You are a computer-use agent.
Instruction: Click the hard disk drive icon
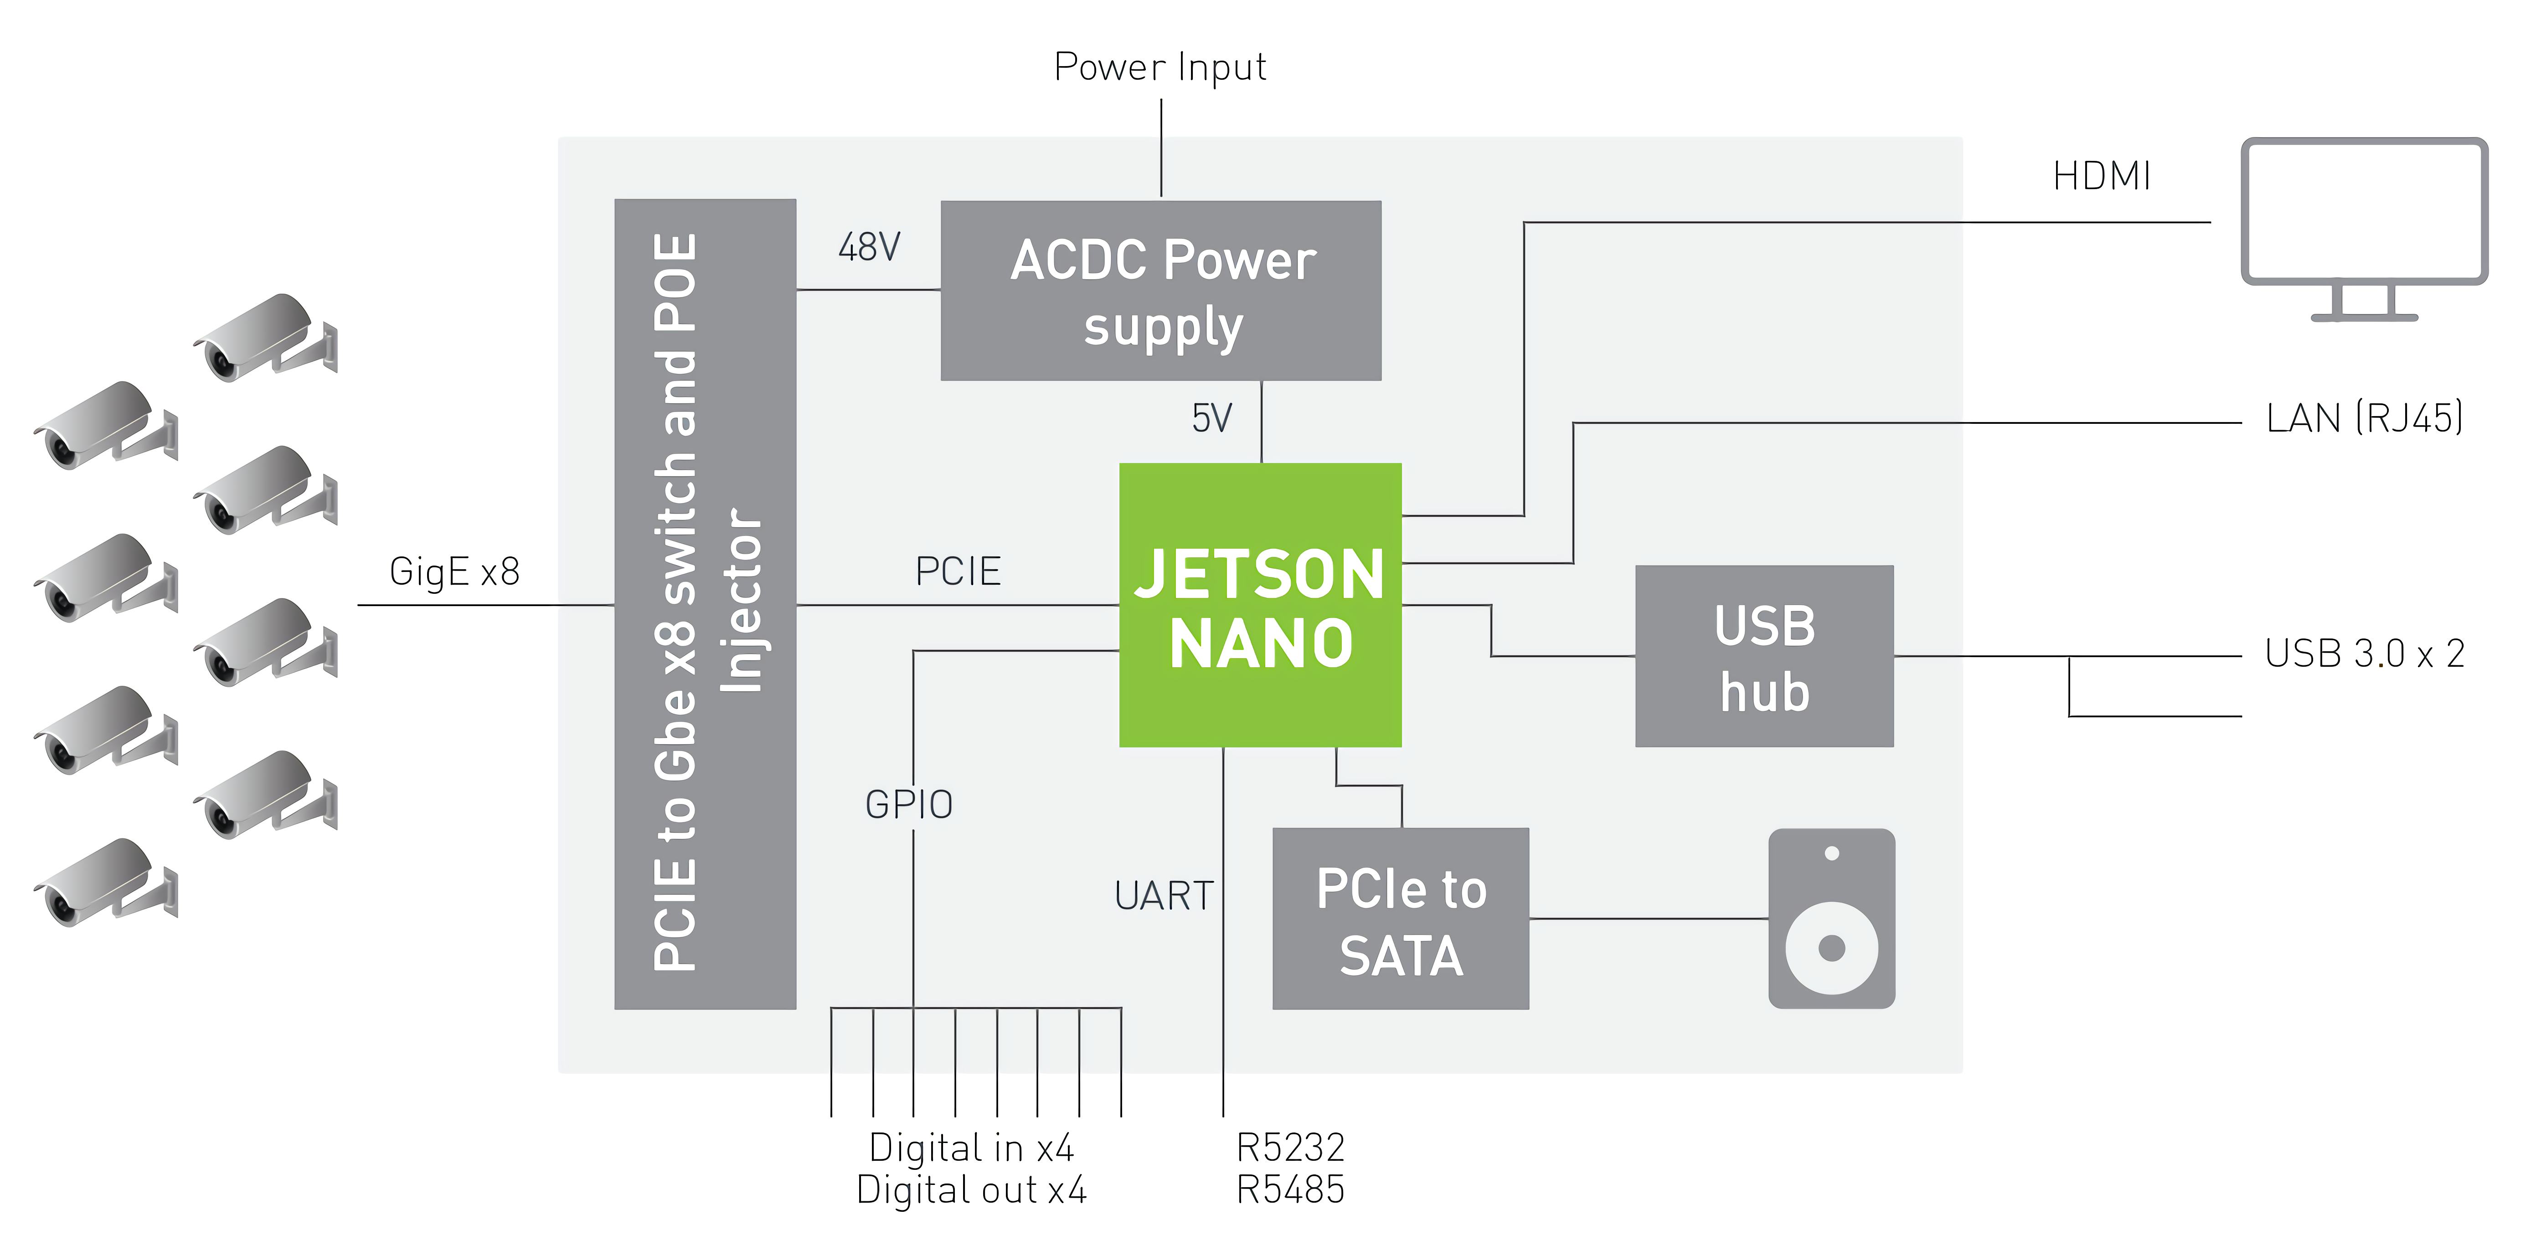tap(1831, 918)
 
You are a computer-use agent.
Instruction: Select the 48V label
tap(868, 247)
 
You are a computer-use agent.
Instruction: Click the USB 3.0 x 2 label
tap(2364, 654)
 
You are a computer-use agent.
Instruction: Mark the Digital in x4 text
tap(971, 1148)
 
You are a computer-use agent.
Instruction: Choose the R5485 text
tap(1290, 1190)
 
